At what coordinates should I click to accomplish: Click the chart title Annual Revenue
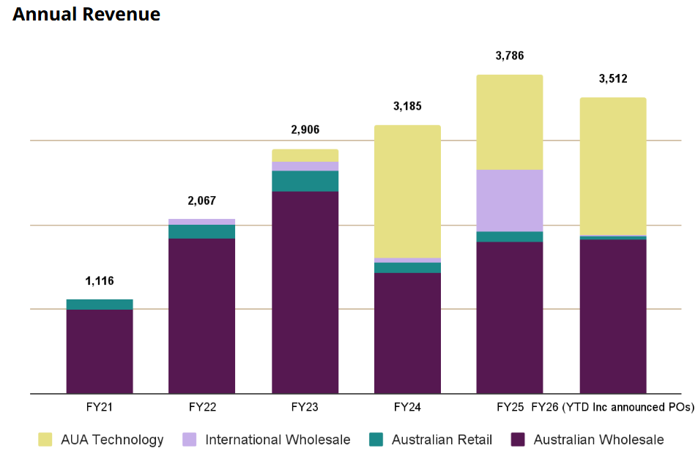tap(86, 14)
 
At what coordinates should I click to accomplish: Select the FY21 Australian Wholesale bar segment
tap(100, 351)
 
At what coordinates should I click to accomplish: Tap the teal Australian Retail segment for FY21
tap(100, 305)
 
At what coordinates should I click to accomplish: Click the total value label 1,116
tap(100, 281)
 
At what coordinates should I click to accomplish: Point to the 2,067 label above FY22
tap(202, 201)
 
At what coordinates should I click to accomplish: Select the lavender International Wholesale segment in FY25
tap(510, 201)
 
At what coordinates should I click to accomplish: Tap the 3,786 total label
tap(510, 56)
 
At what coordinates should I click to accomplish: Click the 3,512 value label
tap(613, 79)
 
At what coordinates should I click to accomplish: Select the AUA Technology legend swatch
tap(45, 440)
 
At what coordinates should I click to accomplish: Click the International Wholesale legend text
tap(278, 440)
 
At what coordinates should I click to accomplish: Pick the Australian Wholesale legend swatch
tap(518, 440)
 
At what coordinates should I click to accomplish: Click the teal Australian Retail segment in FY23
tap(305, 181)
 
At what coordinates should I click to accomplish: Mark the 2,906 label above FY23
tap(305, 130)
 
